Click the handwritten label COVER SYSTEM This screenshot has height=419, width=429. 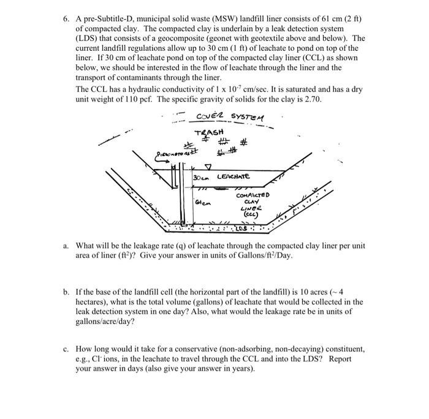(232, 118)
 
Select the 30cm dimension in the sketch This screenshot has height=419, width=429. (200, 177)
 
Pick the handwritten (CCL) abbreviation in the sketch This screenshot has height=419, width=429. (250, 216)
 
